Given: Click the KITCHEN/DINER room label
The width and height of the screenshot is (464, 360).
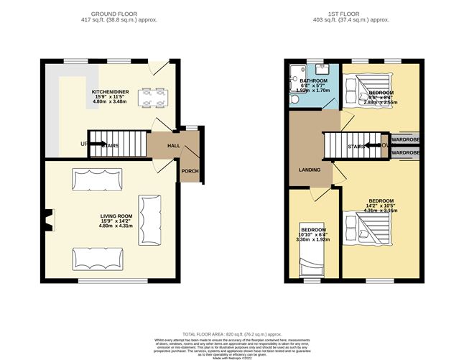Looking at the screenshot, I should [109, 93].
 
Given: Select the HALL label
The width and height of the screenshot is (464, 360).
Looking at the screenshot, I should [163, 145].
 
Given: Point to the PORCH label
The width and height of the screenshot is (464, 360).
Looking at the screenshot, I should [190, 171].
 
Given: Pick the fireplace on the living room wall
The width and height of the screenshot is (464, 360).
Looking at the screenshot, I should [47, 219].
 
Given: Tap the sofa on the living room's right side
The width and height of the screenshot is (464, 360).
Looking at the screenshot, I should [151, 219].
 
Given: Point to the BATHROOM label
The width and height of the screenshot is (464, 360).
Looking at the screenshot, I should [313, 81].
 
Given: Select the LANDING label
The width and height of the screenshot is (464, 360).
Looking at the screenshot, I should [309, 170].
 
